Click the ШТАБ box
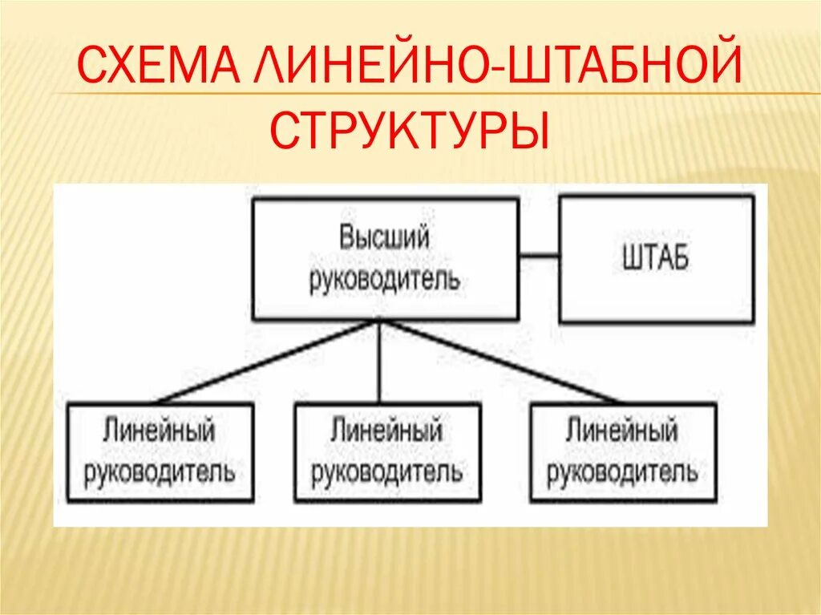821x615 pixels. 656,260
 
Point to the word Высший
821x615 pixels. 385,238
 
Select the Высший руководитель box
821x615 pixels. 385,259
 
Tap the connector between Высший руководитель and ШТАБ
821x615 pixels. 538,257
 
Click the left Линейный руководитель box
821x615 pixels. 160,452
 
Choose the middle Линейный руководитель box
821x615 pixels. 387,452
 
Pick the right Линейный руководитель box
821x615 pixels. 622,452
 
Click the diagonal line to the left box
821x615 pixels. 269,361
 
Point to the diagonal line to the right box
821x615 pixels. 501,361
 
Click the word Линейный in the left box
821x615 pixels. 160,431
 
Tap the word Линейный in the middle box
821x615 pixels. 387,431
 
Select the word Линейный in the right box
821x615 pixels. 622,431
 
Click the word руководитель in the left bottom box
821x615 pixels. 160,471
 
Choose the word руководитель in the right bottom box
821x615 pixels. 622,471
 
